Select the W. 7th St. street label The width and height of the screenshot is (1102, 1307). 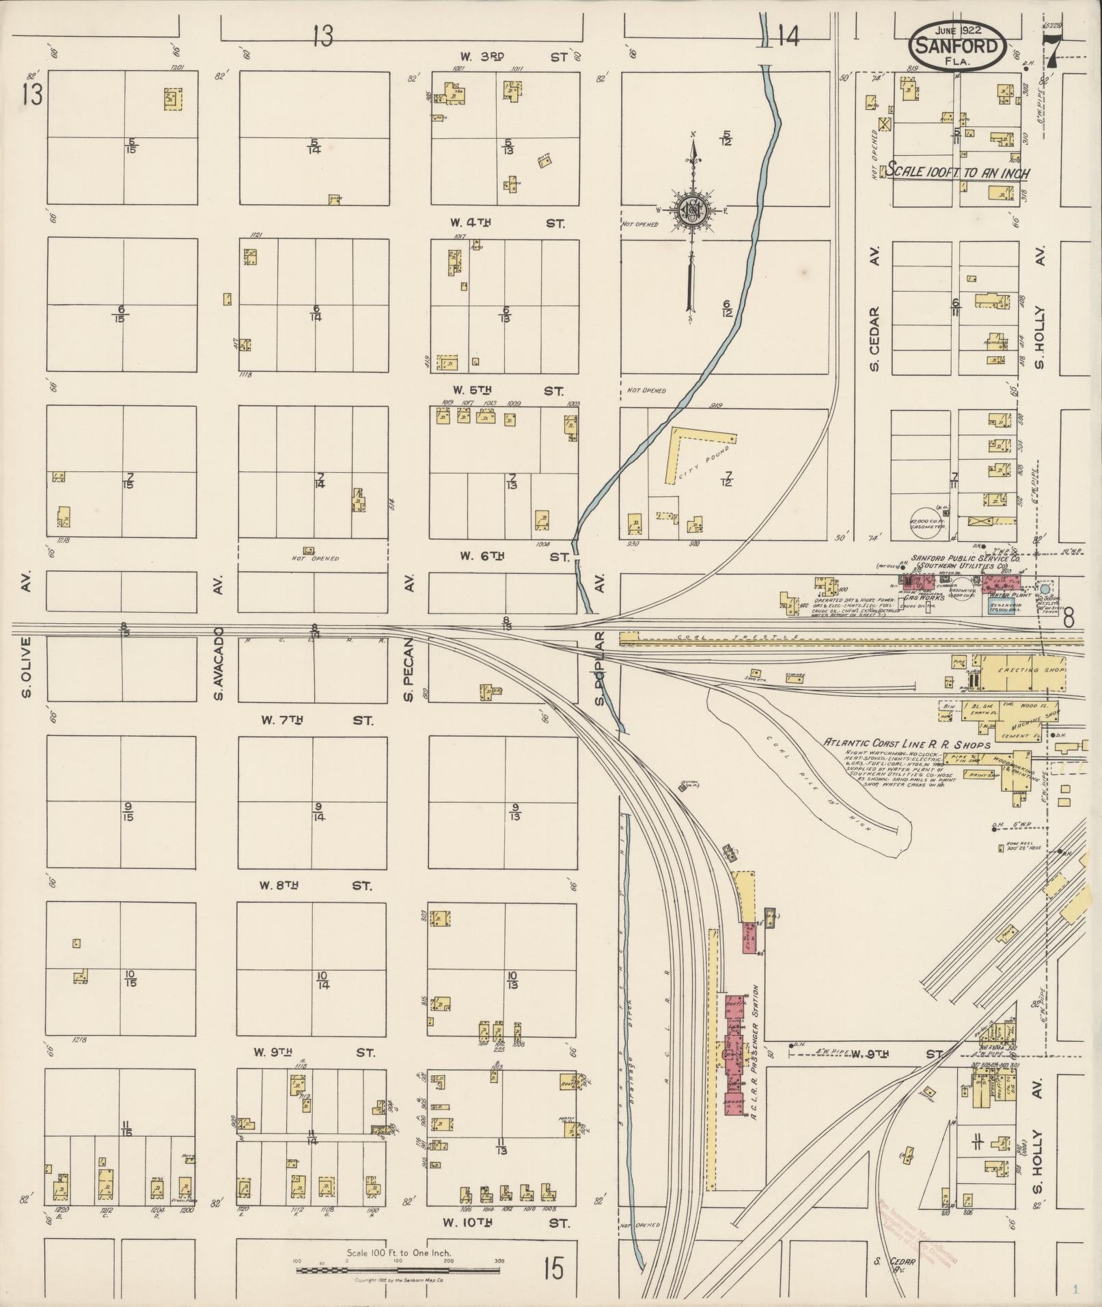tap(317, 720)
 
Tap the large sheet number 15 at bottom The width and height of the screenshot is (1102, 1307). tap(553, 1269)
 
